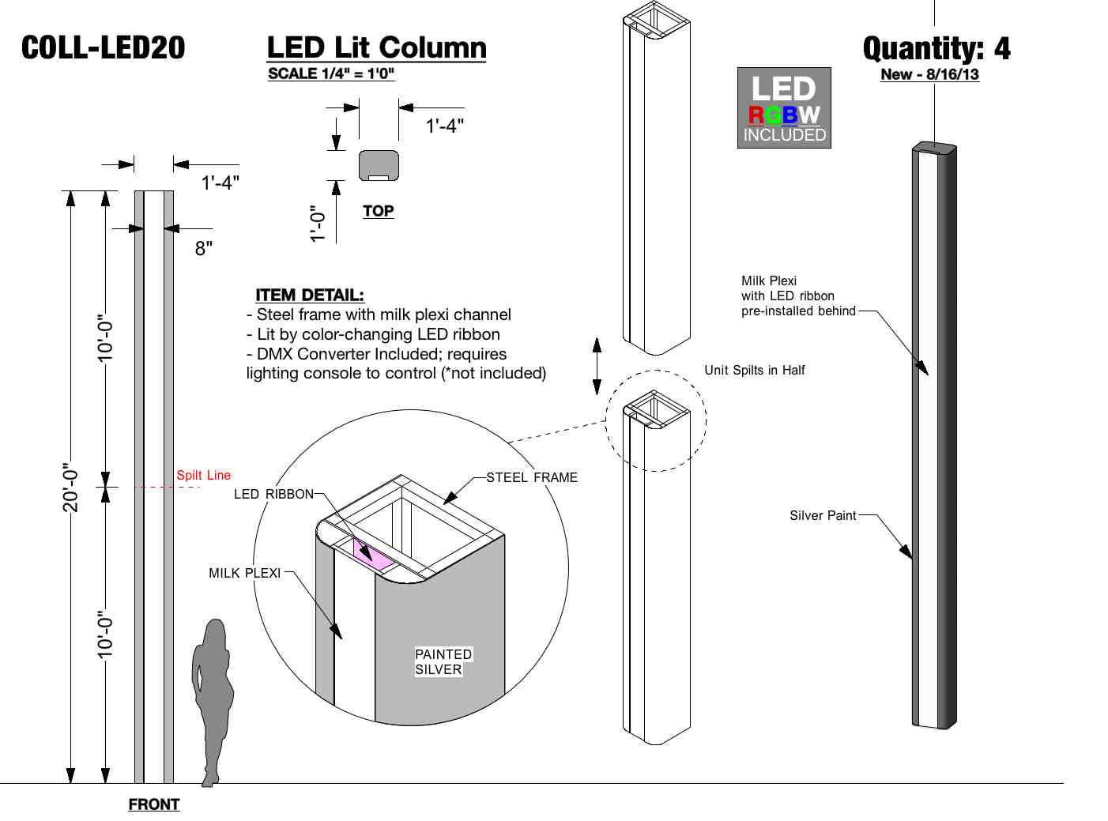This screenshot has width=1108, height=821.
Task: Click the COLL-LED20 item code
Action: coord(103,48)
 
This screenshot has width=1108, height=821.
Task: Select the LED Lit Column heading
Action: coord(376,47)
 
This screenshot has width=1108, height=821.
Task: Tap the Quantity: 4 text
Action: coord(936,49)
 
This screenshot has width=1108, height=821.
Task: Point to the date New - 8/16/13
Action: coord(929,74)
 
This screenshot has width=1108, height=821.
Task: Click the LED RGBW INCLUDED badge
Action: coord(784,108)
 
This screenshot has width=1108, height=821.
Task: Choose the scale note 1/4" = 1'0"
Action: coord(331,73)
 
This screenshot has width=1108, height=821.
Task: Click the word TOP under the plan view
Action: coord(379,211)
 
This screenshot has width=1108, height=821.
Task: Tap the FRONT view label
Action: coord(154,804)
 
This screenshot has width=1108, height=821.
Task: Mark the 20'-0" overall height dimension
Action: coord(70,488)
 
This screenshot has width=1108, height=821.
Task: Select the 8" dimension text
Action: coord(204,248)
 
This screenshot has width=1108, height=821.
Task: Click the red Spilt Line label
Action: coord(203,475)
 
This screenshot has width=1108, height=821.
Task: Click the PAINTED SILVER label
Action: coord(443,662)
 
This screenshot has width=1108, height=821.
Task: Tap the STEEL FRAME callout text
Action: coord(532,477)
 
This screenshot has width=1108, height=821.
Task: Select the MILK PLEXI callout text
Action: coord(245,573)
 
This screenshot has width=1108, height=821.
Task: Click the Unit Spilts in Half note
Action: coord(755,370)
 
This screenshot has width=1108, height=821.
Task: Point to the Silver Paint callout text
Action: coord(823,515)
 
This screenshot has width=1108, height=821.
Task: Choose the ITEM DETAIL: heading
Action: coord(310,296)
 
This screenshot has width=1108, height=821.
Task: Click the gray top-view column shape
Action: coord(379,164)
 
